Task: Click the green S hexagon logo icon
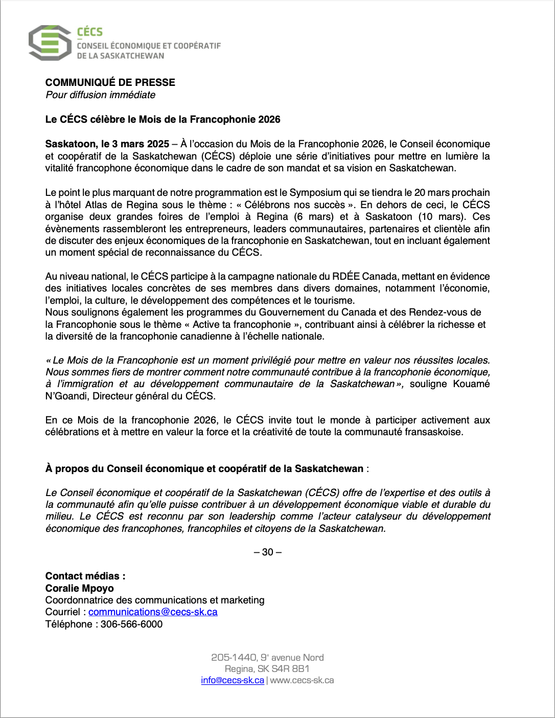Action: (50, 43)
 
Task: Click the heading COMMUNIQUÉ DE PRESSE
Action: (110, 82)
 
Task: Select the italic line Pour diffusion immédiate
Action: (100, 95)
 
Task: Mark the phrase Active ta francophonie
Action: (241, 325)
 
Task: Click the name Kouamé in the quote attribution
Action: (471, 384)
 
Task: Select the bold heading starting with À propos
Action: (204, 469)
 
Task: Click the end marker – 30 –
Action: (267, 552)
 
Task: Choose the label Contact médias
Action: (85, 576)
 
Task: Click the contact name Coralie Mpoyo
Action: (80, 589)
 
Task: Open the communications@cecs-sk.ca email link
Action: (153, 612)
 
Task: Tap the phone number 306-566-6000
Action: (131, 624)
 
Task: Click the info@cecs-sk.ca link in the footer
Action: (233, 681)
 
